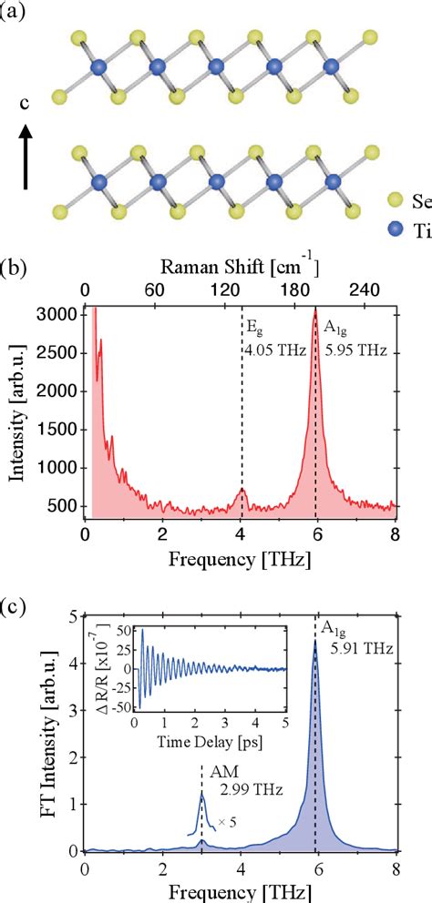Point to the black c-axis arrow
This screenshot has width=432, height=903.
[26, 155]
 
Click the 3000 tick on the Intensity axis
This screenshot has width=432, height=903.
[61, 314]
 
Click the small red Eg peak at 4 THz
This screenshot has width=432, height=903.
[242, 491]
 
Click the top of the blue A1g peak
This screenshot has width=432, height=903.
[315, 641]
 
